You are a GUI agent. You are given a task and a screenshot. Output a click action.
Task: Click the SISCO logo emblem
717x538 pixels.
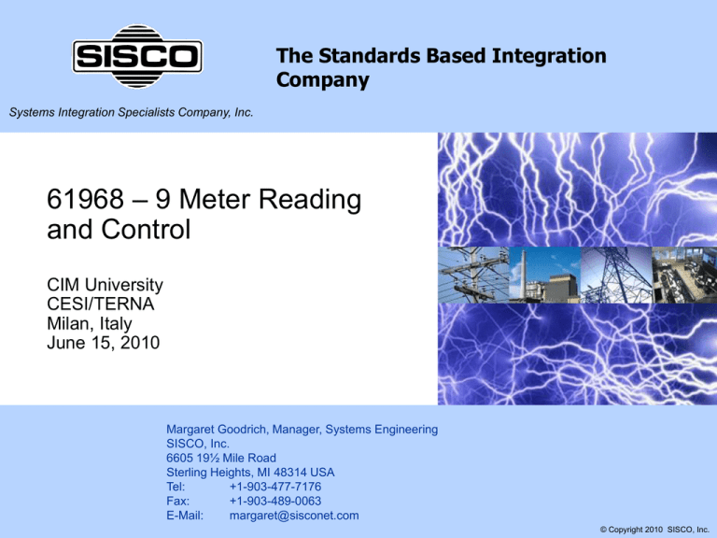pyautogui.click(x=137, y=56)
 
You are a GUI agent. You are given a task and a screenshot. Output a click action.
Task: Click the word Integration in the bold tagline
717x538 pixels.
pyautogui.click(x=549, y=56)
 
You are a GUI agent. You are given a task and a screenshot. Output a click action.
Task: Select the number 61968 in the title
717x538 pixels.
pyautogui.click(x=86, y=199)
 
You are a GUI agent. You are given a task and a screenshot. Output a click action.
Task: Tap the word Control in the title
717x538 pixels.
pyautogui.click(x=146, y=229)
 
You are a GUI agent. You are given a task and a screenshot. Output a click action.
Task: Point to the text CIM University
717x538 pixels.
pyautogui.click(x=105, y=285)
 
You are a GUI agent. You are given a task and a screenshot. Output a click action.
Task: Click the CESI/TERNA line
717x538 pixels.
pyautogui.click(x=101, y=304)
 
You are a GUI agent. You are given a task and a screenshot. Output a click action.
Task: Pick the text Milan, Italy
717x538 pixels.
pyautogui.click(x=90, y=323)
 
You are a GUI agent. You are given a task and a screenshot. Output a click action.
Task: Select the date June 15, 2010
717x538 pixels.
pyautogui.click(x=104, y=343)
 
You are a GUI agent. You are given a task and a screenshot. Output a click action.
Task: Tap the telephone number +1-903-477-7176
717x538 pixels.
pyautogui.click(x=275, y=487)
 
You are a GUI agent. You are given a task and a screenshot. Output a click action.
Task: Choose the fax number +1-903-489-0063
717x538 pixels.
pyautogui.click(x=275, y=501)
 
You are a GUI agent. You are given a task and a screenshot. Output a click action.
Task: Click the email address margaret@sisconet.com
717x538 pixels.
pyautogui.click(x=294, y=516)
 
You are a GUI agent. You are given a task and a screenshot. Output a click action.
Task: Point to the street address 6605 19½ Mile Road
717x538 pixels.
pyautogui.click(x=221, y=458)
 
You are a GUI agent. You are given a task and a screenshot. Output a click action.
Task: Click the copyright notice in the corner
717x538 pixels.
pyautogui.click(x=654, y=530)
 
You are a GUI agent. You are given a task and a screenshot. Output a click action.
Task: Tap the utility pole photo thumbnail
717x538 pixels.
pyautogui.click(x=473, y=275)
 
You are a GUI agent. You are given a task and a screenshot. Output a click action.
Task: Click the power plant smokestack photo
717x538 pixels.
pyautogui.click(x=544, y=275)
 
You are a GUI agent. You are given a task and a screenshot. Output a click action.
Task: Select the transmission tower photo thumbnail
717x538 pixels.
pyautogui.click(x=616, y=275)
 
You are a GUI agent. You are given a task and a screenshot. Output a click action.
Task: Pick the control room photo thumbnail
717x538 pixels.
pyautogui.click(x=684, y=275)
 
